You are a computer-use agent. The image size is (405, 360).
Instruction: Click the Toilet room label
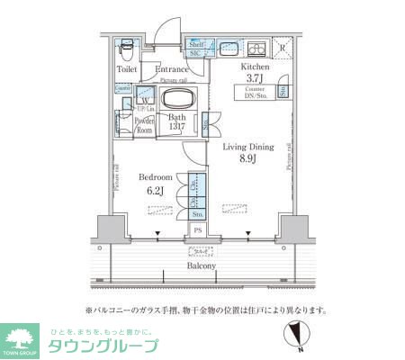click(x=128, y=68)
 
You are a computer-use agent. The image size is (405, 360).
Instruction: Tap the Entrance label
click(x=171, y=69)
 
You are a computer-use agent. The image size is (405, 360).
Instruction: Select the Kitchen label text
click(x=255, y=67)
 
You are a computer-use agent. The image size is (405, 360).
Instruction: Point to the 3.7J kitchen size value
click(x=255, y=78)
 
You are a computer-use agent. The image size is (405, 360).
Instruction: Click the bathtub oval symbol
click(x=175, y=99)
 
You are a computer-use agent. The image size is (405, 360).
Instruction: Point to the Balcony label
click(x=201, y=265)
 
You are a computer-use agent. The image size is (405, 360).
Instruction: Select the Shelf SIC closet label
click(x=196, y=48)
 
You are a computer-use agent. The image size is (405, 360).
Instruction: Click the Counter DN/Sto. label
click(x=256, y=93)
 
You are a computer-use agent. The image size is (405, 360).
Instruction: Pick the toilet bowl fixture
click(x=127, y=47)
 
